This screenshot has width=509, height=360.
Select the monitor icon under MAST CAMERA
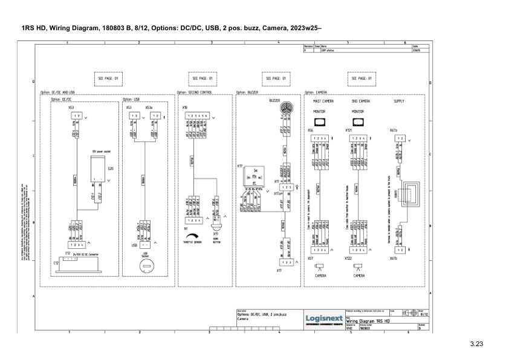319,122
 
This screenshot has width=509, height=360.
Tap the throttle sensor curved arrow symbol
195,237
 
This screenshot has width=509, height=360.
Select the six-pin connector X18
196,115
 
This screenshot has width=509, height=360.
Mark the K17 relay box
254,176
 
